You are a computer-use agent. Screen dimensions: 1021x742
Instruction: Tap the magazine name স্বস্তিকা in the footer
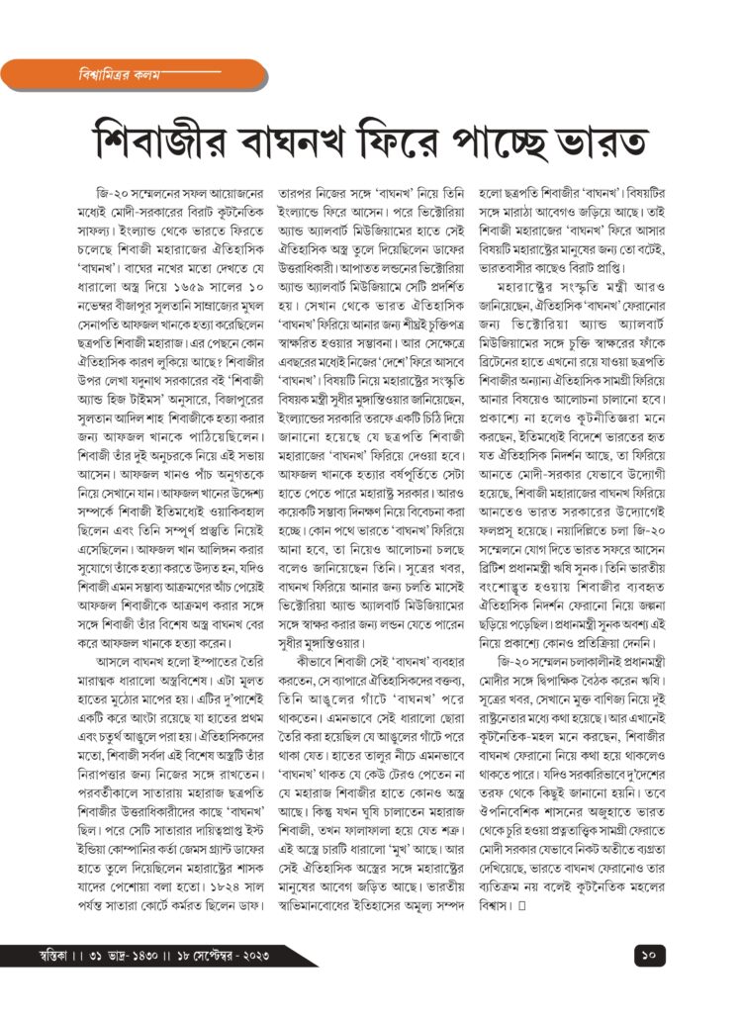(47, 957)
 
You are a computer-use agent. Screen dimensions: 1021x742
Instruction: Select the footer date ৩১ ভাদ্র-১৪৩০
(129, 957)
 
